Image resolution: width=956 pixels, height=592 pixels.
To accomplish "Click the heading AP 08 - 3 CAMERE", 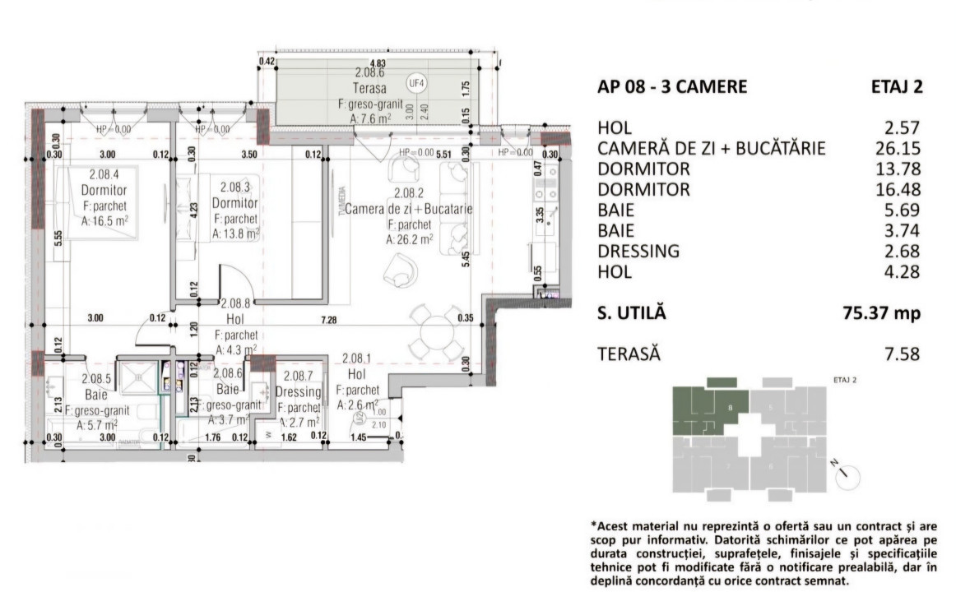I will (672, 86).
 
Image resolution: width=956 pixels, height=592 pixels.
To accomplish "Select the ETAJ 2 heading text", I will (897, 86).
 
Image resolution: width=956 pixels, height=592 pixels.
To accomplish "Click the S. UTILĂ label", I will (630, 312).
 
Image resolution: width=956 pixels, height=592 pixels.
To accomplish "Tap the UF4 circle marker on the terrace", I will (418, 82).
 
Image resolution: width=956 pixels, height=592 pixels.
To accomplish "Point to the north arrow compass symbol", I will (847, 474).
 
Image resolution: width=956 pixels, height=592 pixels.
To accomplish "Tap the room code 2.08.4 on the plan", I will (104, 174).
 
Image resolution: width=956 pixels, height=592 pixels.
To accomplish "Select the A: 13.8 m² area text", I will (235, 234).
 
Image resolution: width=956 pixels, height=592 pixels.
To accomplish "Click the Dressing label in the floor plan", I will (298, 392).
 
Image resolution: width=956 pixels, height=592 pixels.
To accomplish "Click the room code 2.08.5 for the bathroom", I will (96, 380).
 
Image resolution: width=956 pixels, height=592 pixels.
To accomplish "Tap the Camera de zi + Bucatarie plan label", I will (409, 210).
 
